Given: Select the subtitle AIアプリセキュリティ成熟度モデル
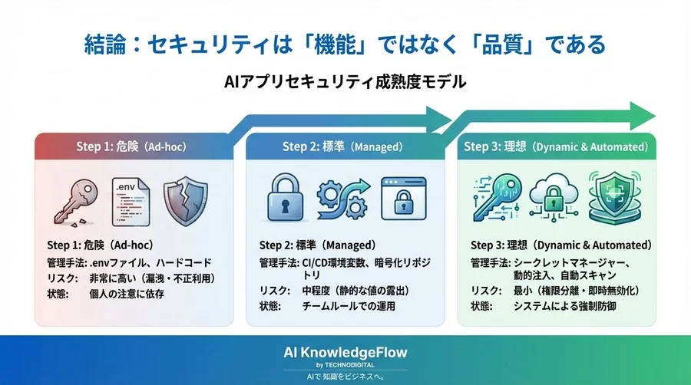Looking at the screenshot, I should coord(345,82).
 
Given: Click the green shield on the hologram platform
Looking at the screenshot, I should coord(614,198).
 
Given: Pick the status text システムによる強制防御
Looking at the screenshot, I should coord(563,306).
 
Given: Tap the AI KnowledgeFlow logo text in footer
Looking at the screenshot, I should coord(345,352).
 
